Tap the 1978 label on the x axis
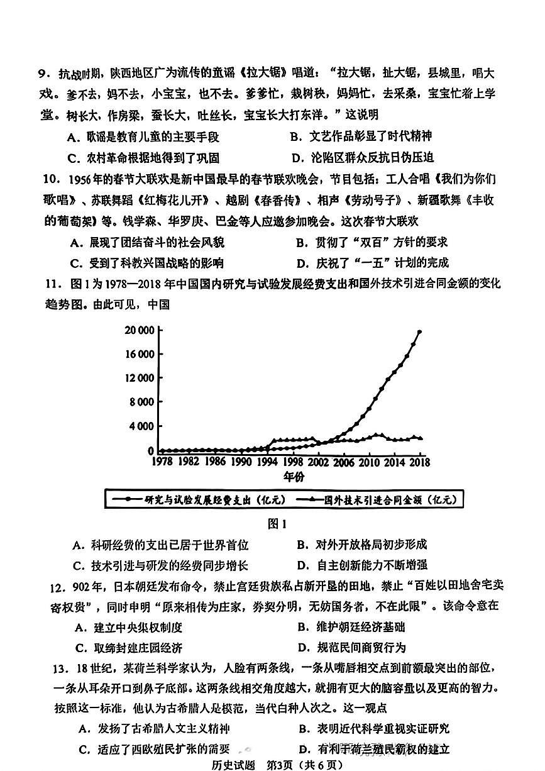click(x=162, y=462)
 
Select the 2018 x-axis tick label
click(x=416, y=462)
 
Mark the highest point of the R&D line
click(x=419, y=331)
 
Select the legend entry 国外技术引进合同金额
click(x=377, y=501)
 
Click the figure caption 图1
click(x=277, y=524)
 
